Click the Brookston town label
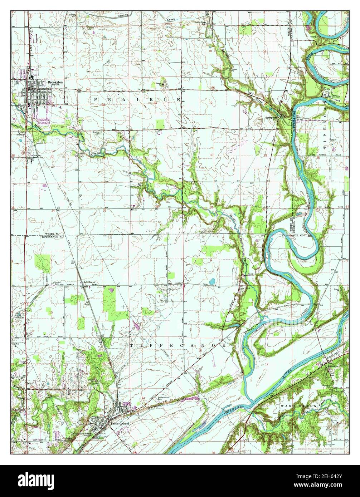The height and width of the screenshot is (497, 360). (x=55, y=82)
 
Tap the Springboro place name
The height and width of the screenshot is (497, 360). (x=271, y=117)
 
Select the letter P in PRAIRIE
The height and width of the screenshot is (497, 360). (x=96, y=99)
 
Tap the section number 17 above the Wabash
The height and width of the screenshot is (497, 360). (x=267, y=364)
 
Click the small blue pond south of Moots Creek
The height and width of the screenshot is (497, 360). (x=213, y=281)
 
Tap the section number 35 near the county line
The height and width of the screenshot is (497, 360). (x=104, y=211)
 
